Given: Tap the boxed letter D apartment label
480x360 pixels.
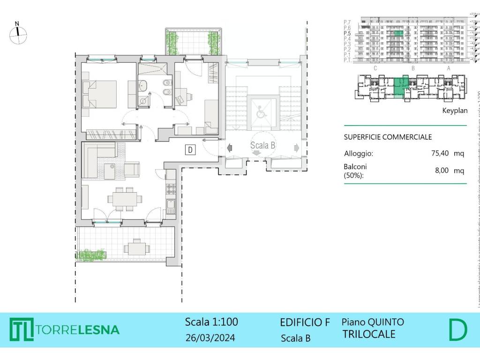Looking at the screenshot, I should pyautogui.click(x=190, y=150).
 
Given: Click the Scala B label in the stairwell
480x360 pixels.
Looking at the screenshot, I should pyautogui.click(x=262, y=145).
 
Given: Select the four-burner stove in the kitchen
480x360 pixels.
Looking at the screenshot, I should pyautogui.click(x=171, y=189).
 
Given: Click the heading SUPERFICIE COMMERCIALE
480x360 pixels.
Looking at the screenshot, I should pyautogui.click(x=388, y=137).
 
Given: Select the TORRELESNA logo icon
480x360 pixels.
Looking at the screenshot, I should pyautogui.click(x=21, y=330).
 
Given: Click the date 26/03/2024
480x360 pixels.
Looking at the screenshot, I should pyautogui.click(x=210, y=337).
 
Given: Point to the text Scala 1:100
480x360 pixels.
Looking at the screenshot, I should pyautogui.click(x=211, y=322).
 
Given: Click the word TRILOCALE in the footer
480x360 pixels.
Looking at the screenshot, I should pyautogui.click(x=368, y=334).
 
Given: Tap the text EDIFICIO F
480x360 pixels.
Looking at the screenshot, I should pyautogui.click(x=305, y=322).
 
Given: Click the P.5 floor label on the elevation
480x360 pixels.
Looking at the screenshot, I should pyautogui.click(x=347, y=33).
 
